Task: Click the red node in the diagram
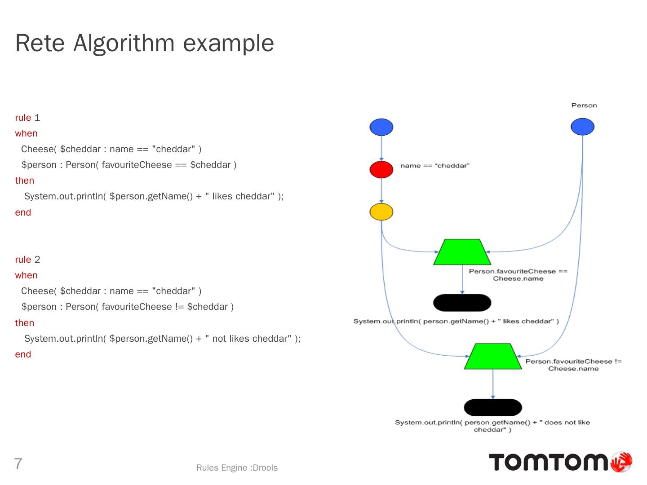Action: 381,170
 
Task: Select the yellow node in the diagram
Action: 381,212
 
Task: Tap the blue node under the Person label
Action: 582,127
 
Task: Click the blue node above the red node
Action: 381,127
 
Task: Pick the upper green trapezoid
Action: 462,252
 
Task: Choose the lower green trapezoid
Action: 492,357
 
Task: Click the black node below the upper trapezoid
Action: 462,303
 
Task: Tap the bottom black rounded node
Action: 492,407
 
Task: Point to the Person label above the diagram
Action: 584,106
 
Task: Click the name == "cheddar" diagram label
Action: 434,166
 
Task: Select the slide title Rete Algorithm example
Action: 144,43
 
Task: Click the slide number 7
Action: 18,463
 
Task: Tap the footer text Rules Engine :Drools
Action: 237,468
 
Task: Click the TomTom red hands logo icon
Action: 621,462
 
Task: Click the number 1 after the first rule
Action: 37,118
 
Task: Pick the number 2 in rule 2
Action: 37,260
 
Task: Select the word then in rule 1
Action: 24,181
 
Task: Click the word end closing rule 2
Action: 23,354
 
